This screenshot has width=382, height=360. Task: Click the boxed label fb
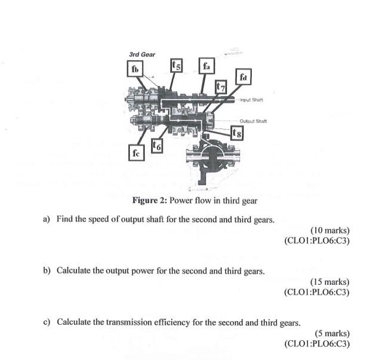(x=135, y=69)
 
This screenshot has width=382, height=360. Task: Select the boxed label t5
(x=177, y=65)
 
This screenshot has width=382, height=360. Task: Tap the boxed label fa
(x=207, y=66)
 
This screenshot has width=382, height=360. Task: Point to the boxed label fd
(x=243, y=77)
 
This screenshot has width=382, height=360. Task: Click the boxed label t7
(x=220, y=87)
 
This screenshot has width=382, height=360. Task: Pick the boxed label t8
(x=237, y=133)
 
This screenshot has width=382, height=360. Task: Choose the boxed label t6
(x=156, y=146)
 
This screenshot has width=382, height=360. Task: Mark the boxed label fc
(x=137, y=153)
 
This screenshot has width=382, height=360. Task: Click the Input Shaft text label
(x=251, y=100)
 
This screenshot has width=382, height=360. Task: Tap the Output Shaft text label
(x=253, y=121)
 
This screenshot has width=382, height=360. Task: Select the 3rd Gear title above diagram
(x=142, y=54)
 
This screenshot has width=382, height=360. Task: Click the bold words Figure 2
(x=149, y=201)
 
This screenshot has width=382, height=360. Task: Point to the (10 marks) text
(x=330, y=230)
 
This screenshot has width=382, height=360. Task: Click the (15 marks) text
(x=330, y=282)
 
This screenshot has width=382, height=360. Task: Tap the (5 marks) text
(x=332, y=333)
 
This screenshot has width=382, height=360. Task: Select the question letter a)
(x=47, y=219)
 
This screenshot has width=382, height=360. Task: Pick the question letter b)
(x=47, y=270)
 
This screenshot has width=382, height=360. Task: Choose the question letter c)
(x=47, y=322)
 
